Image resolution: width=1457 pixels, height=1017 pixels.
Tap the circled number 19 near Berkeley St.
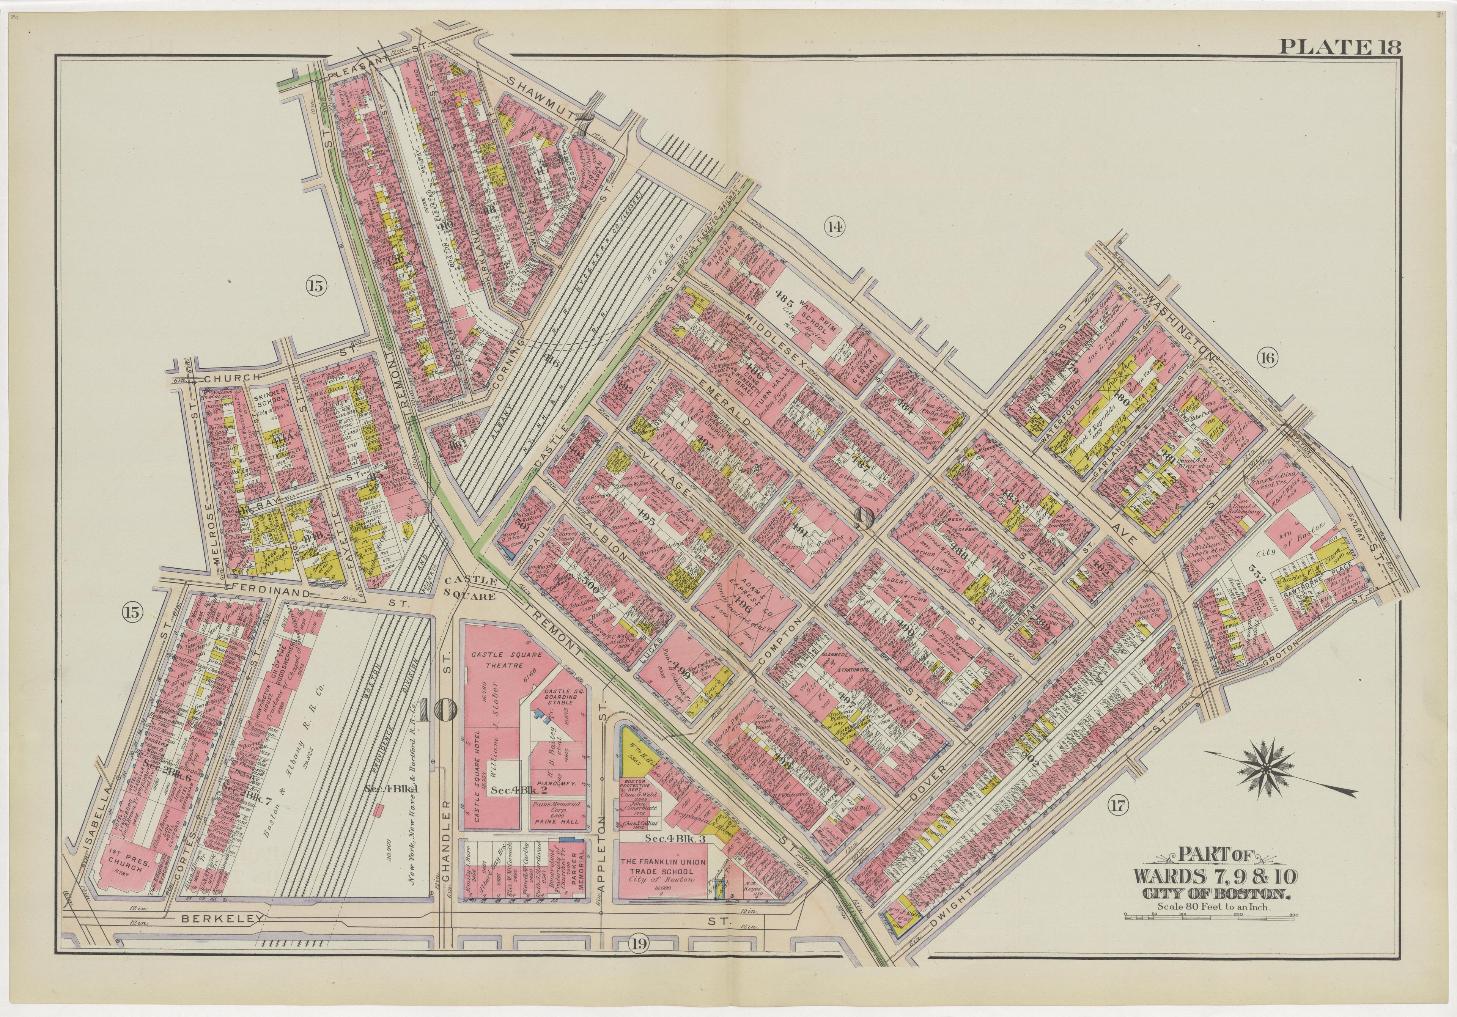pos(639,962)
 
